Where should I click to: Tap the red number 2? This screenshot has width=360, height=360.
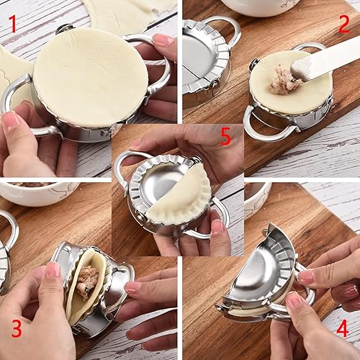344,23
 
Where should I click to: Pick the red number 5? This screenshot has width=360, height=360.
225,137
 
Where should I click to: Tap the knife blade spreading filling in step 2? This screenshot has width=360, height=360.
328,61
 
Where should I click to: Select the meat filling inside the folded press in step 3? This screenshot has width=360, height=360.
87,281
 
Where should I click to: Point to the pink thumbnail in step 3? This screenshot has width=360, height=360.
53,270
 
